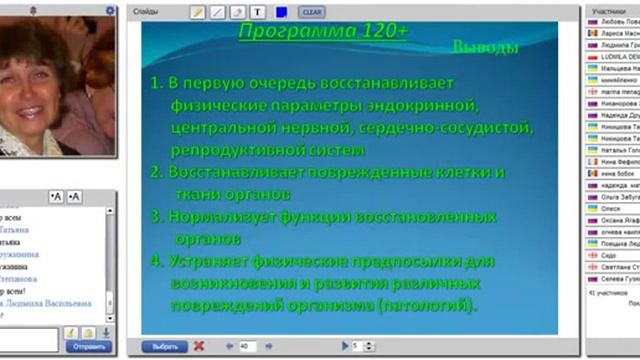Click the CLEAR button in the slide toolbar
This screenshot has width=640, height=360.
coord(310,12)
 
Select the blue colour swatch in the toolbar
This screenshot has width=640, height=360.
coord(281,12)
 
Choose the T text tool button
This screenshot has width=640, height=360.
coord(257,12)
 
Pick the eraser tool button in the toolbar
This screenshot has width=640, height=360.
coord(237,12)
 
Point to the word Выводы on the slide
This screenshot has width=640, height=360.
coord(485,47)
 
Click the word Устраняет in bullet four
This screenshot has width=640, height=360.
coord(219,262)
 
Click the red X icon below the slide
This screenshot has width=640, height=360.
coord(199,346)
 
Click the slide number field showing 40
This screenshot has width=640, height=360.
coord(246,346)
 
